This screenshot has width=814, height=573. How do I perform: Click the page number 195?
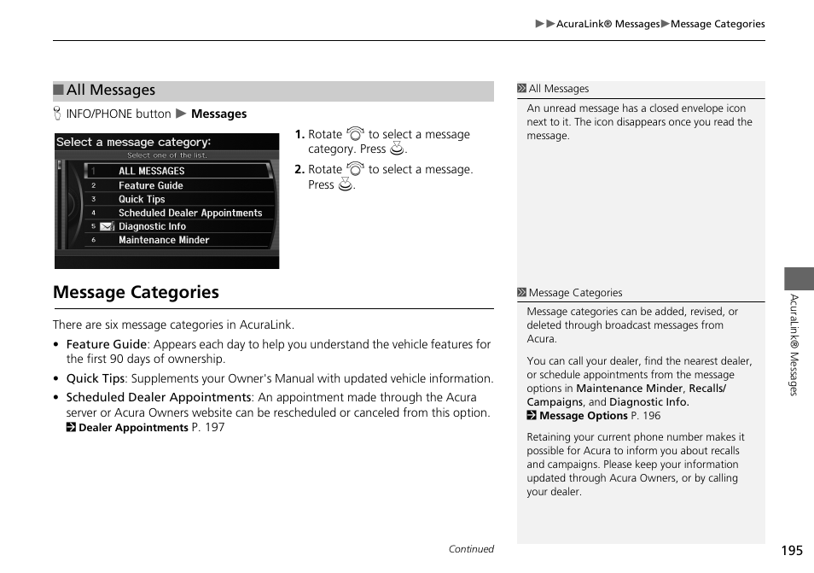[x=791, y=551]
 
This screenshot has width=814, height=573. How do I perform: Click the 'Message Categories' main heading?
[x=136, y=292]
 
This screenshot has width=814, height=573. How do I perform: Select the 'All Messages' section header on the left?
[x=111, y=91]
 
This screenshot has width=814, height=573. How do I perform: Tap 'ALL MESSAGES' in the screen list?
[x=151, y=171]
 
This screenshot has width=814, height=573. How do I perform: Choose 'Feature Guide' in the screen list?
[x=150, y=185]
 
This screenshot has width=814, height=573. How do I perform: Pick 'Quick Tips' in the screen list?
[x=142, y=199]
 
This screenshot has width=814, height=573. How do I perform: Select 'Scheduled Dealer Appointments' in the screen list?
[x=189, y=213]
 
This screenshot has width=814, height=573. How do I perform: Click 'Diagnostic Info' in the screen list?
[x=152, y=226]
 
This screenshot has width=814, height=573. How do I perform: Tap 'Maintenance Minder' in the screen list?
[x=163, y=240]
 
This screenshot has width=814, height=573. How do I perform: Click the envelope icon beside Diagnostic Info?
[x=107, y=226]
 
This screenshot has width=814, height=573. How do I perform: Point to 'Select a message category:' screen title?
[x=133, y=142]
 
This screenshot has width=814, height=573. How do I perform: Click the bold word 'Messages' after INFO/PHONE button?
[x=218, y=114]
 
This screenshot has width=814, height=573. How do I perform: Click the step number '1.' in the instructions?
[x=299, y=135]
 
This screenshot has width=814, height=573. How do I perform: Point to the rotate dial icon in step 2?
[x=356, y=169]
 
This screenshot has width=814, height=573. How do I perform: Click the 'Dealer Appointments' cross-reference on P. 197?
[x=133, y=428]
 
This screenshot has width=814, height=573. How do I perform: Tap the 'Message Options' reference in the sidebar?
[x=583, y=416]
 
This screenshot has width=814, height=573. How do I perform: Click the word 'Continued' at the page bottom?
[x=471, y=549]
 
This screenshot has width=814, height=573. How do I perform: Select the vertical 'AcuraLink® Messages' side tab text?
[x=793, y=345]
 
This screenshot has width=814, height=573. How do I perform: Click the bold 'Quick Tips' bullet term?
[x=96, y=378]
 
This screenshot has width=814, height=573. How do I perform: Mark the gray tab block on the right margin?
[x=799, y=278]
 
